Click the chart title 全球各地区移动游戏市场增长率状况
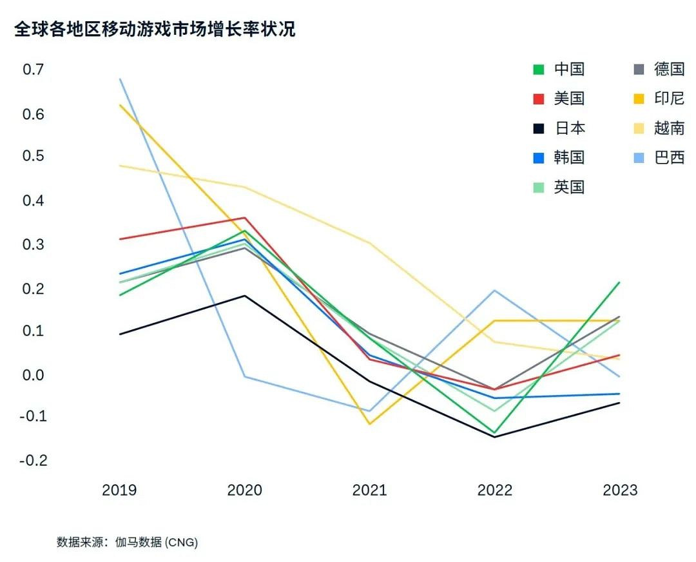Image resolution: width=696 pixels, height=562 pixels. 155,30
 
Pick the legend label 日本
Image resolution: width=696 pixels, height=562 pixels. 569,128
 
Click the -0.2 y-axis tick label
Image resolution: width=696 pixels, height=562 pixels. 33,460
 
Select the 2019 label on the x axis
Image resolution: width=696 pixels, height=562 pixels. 119,490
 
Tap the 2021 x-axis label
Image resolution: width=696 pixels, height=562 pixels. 369,490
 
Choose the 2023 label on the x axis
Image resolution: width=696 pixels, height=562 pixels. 619,490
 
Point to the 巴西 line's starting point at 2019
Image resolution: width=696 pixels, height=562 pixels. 120,79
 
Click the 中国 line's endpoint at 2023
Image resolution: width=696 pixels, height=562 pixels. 619,282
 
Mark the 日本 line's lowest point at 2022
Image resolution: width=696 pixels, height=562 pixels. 495,437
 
